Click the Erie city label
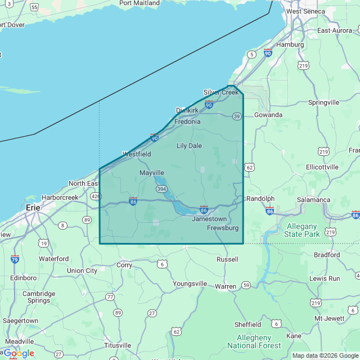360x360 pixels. point(33,208)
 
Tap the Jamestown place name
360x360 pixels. point(209,219)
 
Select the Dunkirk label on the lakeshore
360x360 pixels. point(187,110)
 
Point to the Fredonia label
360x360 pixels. point(187,121)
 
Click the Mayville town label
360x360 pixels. point(152,173)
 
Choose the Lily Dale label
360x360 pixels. point(189,146)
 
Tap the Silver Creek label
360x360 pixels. point(221,92)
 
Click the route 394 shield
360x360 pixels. point(161,188)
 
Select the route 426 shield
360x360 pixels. point(95,196)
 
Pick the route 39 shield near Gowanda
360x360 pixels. point(237,116)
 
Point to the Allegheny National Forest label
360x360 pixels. point(254,341)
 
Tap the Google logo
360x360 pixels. point(19,353)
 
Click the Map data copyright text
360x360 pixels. point(325,355)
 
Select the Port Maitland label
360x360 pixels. point(139,3)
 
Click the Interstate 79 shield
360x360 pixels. point(15,259)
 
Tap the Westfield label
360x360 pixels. point(137,154)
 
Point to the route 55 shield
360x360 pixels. point(34,7)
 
